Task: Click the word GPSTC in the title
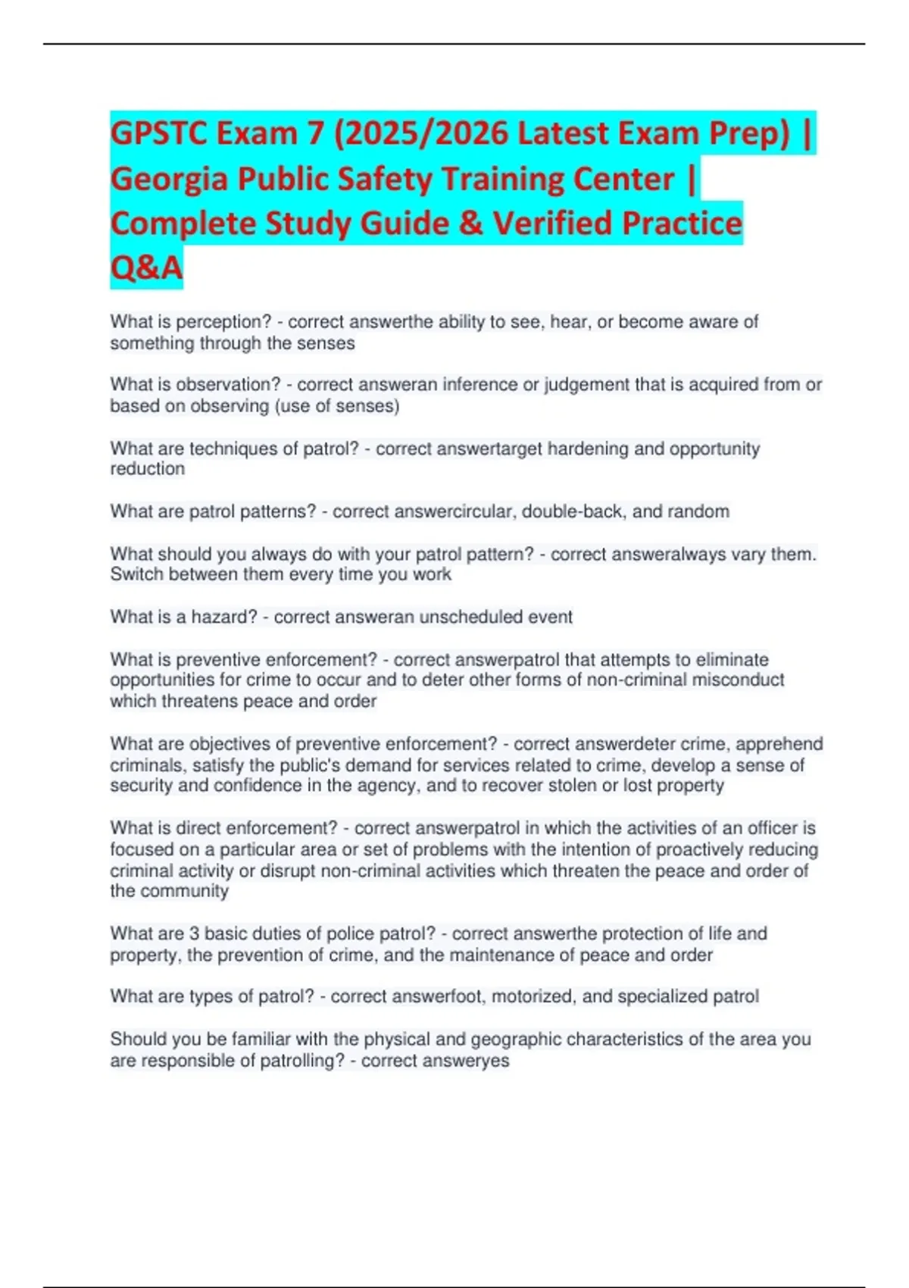point(158,134)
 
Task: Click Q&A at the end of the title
point(146,267)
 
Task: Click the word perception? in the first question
point(223,322)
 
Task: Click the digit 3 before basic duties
point(195,933)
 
